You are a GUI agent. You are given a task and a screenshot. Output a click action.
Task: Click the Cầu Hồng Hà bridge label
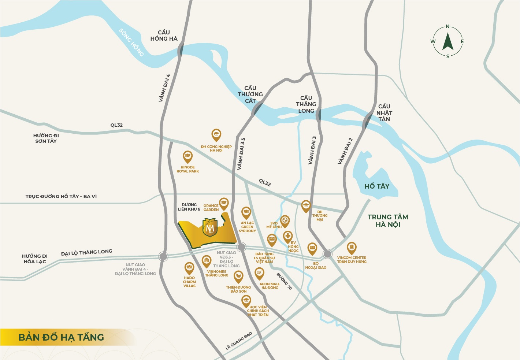pos(164,36)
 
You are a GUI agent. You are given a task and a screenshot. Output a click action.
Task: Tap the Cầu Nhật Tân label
pos(384,113)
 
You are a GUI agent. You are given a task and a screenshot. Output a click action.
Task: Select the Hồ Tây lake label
pos(376,186)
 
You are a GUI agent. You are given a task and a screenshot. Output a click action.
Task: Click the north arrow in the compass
pos(448,41)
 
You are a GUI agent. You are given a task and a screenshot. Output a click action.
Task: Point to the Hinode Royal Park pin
pos(187,157)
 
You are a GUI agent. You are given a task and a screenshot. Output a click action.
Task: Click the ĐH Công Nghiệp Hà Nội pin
pos(216,135)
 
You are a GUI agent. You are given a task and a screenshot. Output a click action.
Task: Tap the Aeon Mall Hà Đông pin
pos(259,273)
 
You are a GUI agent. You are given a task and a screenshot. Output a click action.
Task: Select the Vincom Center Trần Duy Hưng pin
pos(352,248)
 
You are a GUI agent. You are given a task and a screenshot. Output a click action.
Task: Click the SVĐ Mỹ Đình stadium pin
pos(285,220)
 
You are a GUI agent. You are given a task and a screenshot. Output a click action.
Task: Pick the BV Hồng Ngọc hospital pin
pos(288,236)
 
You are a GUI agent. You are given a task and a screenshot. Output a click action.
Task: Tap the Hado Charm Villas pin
pos(189,268)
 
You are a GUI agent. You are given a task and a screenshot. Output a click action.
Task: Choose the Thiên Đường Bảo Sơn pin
pos(238,277)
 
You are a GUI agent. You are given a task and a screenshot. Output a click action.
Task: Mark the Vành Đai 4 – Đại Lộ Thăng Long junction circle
pos(163,256)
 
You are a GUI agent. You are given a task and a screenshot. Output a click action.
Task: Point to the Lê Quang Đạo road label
pos(239,341)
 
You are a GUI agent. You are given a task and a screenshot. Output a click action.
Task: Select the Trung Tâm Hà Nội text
pos(388,221)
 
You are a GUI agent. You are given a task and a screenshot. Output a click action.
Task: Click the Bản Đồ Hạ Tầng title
pos(61,337)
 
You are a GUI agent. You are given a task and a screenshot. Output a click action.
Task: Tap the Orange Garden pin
pos(224,203)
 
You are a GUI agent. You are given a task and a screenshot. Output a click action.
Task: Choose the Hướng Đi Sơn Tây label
pos(46,138)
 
